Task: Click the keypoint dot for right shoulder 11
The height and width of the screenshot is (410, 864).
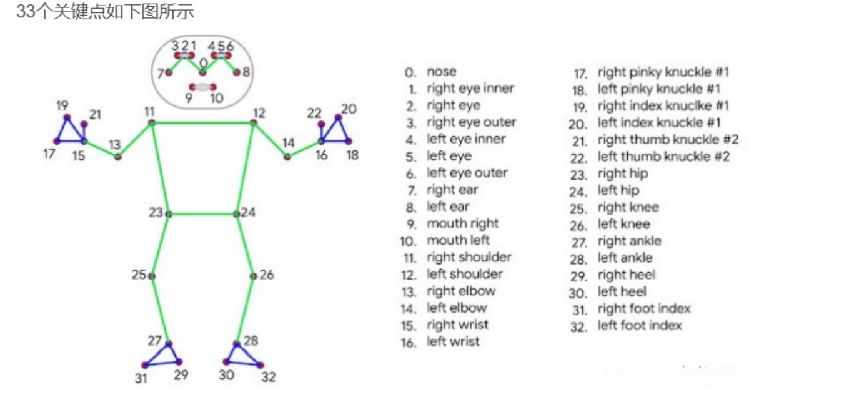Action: tap(151, 124)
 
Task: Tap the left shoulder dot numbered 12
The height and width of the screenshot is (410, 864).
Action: tap(253, 123)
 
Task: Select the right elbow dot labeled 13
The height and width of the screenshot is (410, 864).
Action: tap(117, 156)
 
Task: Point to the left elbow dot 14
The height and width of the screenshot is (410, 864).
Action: tap(287, 156)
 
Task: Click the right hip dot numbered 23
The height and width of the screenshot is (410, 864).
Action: tap(169, 214)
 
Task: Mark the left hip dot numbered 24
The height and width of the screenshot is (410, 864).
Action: tap(236, 214)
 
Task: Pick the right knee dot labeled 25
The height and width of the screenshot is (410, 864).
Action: tap(152, 276)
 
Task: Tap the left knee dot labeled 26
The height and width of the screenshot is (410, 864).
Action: tap(253, 275)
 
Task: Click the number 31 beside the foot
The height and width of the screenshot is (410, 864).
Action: tap(141, 378)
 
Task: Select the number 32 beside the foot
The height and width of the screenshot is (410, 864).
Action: tap(268, 377)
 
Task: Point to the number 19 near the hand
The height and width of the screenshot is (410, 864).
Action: tap(62, 105)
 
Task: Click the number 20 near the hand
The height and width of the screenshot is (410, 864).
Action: tap(349, 109)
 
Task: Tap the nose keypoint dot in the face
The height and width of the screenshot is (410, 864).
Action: tap(202, 73)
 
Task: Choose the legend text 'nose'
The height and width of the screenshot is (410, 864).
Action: tap(441, 72)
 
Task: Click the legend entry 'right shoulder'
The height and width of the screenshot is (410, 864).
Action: tap(469, 257)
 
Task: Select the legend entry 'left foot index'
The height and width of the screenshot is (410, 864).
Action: tap(639, 325)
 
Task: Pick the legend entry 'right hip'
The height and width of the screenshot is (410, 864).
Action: tap(622, 173)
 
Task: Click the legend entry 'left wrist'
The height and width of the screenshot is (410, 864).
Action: tap(453, 341)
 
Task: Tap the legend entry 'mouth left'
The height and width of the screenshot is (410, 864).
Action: tap(458, 240)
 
